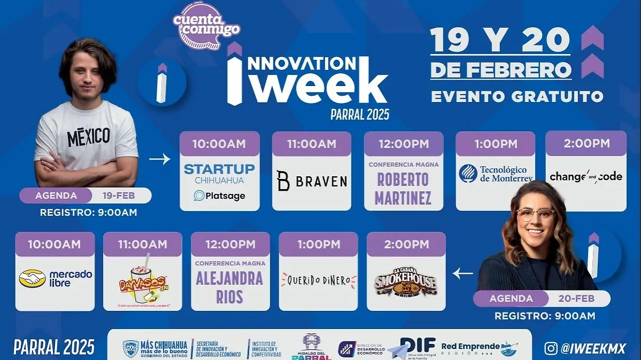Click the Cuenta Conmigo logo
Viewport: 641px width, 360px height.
click(206, 25)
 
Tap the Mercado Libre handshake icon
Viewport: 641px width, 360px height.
click(32, 278)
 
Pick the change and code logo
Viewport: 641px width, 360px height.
click(586, 176)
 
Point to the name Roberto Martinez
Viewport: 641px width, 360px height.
click(403, 188)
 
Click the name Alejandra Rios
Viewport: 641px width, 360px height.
click(230, 287)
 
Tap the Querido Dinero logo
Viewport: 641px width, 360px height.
click(318, 279)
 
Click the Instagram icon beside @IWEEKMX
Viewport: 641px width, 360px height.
click(550, 348)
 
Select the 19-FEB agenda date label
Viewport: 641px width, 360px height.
click(119, 195)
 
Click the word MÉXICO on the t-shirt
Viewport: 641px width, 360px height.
click(89, 137)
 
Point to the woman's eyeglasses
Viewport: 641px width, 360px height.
click(535, 214)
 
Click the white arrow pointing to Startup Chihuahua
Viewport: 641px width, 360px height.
click(160, 159)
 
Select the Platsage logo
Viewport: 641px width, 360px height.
click(220, 195)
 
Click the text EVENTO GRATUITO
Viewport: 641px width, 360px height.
click(517, 97)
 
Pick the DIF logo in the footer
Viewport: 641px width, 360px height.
click(417, 346)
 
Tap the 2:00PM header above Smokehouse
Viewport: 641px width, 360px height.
click(406, 244)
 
